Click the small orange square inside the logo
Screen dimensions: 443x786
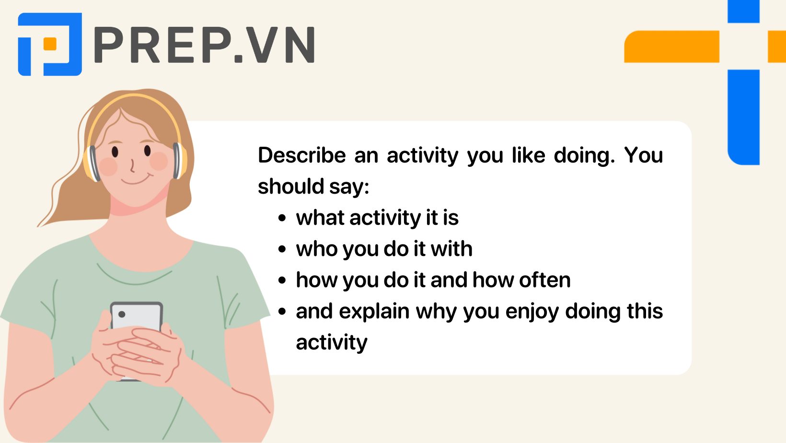50,44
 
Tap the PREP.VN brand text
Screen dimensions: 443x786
204,45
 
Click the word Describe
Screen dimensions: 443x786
301,155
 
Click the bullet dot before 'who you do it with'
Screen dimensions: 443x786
282,249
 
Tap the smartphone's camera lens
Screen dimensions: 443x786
122,315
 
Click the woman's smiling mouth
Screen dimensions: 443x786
136,181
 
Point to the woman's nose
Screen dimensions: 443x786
132,166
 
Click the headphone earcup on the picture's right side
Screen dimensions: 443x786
178,161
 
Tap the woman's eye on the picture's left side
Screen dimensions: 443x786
115,152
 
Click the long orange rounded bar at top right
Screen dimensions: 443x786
671,47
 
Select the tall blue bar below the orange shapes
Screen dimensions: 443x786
743,117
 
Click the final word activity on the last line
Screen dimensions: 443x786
331,343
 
